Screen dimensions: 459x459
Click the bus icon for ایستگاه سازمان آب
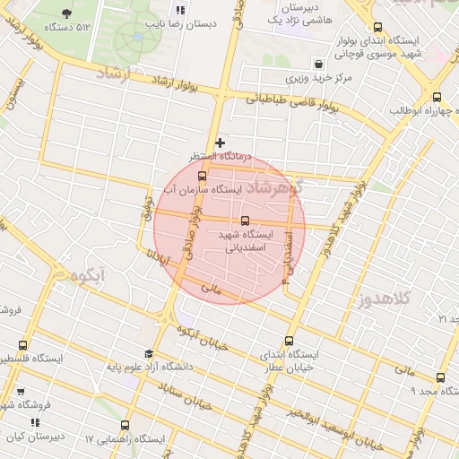201,176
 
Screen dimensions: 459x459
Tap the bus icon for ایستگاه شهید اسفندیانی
245,221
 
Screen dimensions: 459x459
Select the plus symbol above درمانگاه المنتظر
220,143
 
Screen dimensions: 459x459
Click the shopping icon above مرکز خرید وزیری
319,64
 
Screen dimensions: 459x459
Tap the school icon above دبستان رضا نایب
181,11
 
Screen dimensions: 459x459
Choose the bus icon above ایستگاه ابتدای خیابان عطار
289,341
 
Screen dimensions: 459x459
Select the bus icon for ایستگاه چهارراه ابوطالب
437,97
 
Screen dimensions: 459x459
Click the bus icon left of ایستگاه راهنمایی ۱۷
125,426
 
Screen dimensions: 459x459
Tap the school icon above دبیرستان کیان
35,422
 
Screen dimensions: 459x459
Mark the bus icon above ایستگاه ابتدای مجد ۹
439,378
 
